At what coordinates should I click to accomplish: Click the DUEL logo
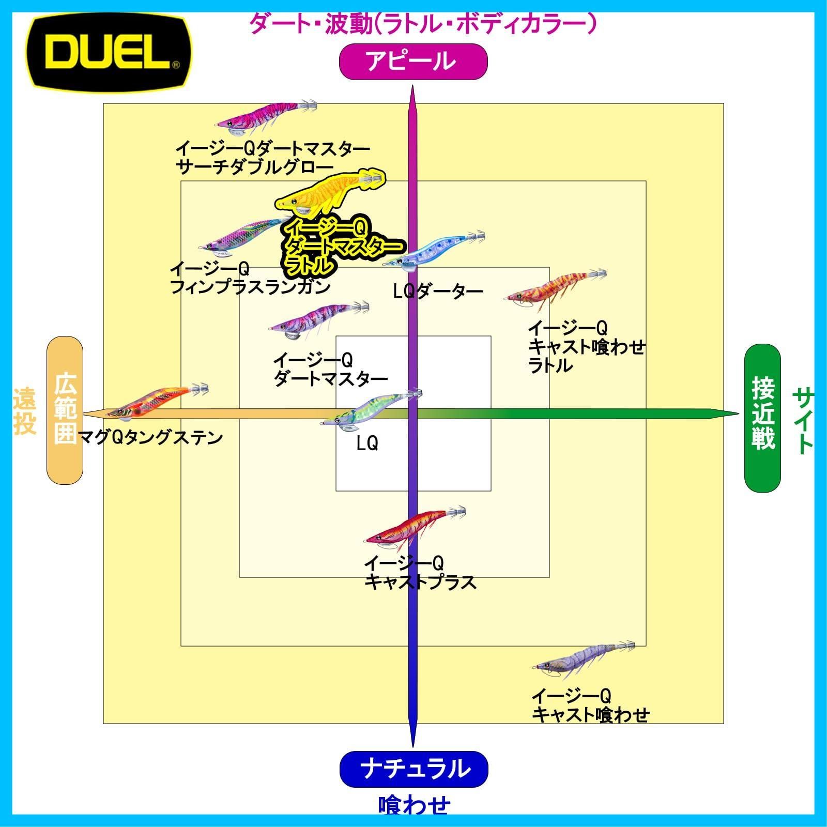click(109, 52)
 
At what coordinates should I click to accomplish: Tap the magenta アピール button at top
click(413, 62)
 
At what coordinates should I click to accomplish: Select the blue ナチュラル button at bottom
click(413, 769)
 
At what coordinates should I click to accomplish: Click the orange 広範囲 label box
click(65, 410)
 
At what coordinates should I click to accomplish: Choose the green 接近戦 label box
click(762, 418)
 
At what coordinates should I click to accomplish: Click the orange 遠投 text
click(24, 411)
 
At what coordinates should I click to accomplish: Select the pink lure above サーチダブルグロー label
click(266, 114)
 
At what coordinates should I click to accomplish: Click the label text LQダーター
click(438, 292)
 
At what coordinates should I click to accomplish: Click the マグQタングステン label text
click(150, 438)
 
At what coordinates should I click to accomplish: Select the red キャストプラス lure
click(416, 527)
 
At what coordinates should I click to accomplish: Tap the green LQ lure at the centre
click(371, 408)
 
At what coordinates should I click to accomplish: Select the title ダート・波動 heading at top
click(423, 23)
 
